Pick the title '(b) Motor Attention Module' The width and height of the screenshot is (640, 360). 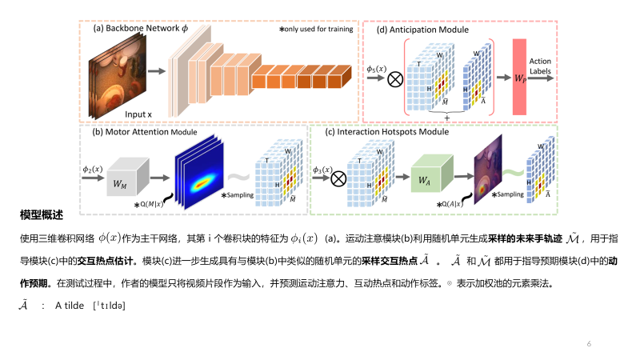(145, 131)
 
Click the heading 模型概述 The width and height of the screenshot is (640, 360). (42, 216)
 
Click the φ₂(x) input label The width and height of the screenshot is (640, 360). (94, 169)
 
